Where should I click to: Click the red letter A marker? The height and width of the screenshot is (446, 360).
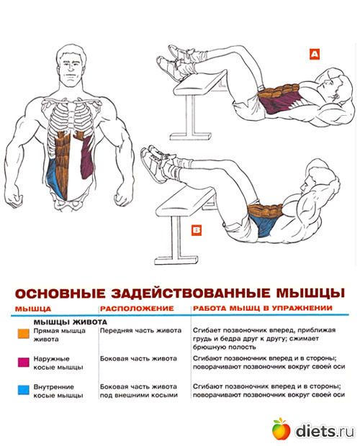click(x=314, y=54)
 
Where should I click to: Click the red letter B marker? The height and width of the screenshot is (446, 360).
click(x=196, y=229)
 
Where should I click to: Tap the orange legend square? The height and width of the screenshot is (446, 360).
click(x=23, y=333)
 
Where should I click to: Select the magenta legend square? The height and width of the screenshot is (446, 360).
click(x=23, y=362)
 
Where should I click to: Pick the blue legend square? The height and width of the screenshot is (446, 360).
click(x=23, y=390)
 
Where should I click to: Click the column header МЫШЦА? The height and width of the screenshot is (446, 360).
click(x=33, y=309)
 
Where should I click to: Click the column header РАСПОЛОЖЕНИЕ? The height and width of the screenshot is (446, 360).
click(x=137, y=309)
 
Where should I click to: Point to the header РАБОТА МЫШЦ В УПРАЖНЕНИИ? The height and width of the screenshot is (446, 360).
click(x=262, y=308)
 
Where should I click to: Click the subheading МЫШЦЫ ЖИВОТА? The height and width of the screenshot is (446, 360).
click(x=71, y=322)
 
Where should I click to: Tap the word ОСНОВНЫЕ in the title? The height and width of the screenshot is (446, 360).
click(x=60, y=293)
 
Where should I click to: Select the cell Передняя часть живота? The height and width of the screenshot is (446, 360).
click(x=140, y=330)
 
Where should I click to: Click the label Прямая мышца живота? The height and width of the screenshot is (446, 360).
click(x=60, y=334)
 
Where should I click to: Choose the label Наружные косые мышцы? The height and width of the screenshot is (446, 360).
click(x=58, y=363)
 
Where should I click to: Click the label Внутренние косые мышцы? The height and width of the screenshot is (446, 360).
click(x=58, y=391)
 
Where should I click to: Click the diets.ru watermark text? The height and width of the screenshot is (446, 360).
click(x=325, y=431)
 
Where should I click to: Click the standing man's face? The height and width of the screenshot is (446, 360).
click(x=71, y=70)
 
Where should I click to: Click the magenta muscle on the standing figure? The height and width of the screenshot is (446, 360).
click(x=87, y=158)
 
